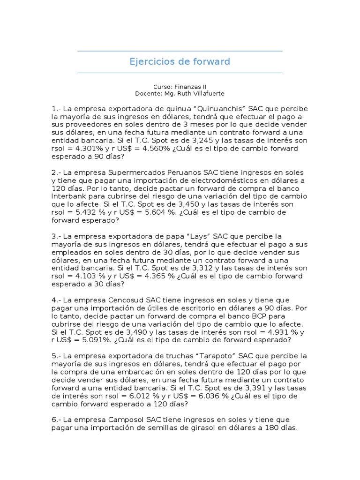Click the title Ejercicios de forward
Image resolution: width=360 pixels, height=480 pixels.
click(180, 61)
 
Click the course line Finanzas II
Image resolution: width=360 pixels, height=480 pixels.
click(180, 87)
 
